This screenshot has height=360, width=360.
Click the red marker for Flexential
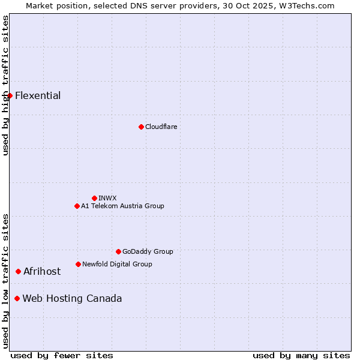click(x=10, y=95)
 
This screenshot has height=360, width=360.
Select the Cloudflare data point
click(x=141, y=127)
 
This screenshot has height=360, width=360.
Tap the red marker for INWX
click(x=94, y=198)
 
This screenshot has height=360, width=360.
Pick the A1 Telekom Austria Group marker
click(x=77, y=206)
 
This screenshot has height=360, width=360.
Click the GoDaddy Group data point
click(x=118, y=251)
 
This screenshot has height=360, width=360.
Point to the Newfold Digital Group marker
click(x=78, y=264)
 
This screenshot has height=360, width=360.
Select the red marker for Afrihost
click(x=18, y=271)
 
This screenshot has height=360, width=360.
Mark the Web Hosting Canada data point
click(x=17, y=298)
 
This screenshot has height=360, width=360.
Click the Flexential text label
click(x=38, y=95)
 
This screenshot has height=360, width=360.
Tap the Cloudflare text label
click(x=161, y=127)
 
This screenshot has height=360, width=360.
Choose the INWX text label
click(x=108, y=198)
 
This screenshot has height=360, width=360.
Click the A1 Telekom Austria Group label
click(x=122, y=206)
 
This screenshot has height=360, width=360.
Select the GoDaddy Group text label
click(x=148, y=251)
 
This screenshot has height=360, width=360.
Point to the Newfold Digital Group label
click(x=117, y=264)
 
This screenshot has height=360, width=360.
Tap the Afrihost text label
click(x=42, y=271)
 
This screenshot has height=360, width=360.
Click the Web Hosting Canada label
click(x=72, y=298)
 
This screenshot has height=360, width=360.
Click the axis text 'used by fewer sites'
click(x=62, y=355)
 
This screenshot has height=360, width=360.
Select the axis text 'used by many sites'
click(x=301, y=355)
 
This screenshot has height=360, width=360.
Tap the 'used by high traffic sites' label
click(x=6, y=85)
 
